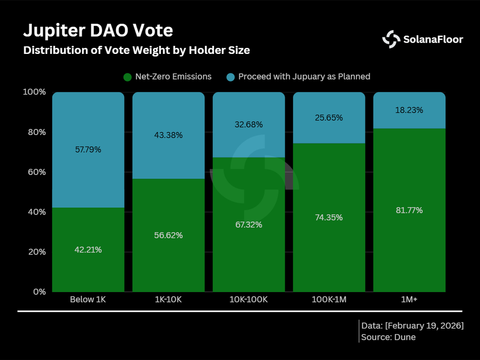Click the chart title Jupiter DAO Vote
[98, 30]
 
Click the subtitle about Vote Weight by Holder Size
[137, 50]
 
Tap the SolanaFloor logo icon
[391, 39]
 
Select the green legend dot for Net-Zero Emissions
[127, 77]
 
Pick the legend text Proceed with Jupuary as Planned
[304, 76]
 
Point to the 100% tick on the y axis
[34, 92]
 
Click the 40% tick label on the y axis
[35, 212]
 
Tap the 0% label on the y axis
[38, 292]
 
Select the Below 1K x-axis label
[88, 300]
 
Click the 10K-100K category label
[249, 300]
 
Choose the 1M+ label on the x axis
[409, 300]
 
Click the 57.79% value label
[88, 150]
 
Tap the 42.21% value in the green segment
[88, 250]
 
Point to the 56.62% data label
[168, 235]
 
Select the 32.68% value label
[249, 125]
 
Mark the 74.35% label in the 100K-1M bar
[329, 217]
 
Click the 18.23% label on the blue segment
[409, 111]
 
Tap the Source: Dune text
[389, 337]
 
